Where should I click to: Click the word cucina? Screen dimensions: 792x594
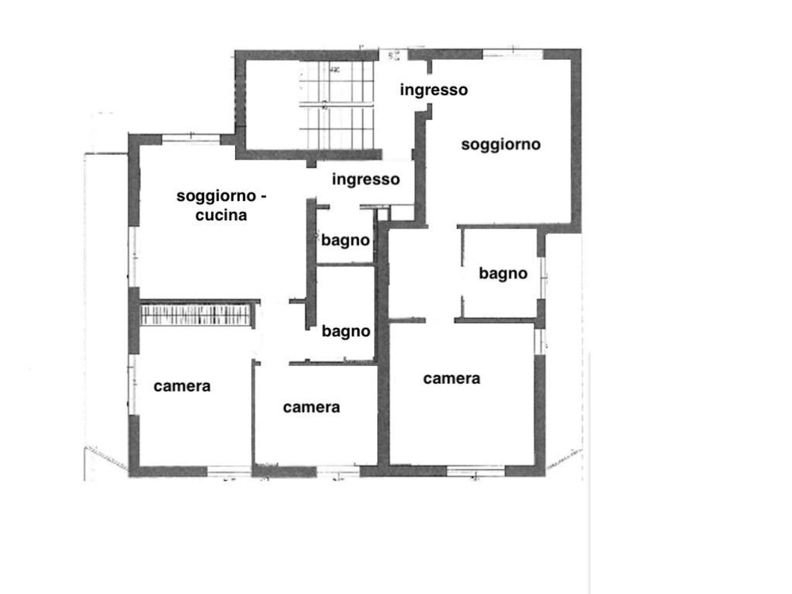[x=221, y=215]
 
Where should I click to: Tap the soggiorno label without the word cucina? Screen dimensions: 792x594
[x=501, y=145]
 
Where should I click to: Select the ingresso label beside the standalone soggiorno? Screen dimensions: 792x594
[x=434, y=90]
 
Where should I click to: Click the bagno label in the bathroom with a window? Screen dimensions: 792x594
[x=503, y=274]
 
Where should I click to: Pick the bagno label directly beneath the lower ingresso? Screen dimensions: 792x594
[x=346, y=241]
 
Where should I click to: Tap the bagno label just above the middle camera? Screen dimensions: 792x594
[x=346, y=332]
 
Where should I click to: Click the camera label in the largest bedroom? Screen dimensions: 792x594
[x=451, y=379]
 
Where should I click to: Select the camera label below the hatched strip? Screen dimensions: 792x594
[x=182, y=386]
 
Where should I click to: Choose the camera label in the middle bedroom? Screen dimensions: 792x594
[x=311, y=407]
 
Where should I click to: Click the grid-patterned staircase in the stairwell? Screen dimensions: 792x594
[x=336, y=104]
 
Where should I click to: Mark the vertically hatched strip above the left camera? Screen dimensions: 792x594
[x=195, y=315]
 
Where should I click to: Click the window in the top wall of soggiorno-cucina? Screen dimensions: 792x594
[x=191, y=139]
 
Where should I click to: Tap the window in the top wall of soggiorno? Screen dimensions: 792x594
[x=513, y=54]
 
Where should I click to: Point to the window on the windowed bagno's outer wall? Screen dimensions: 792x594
[x=543, y=278]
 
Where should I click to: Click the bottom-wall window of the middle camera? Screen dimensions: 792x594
[x=338, y=471]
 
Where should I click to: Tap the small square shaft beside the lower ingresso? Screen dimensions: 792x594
[x=383, y=214]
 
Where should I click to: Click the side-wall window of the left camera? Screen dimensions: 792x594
[x=133, y=385]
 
